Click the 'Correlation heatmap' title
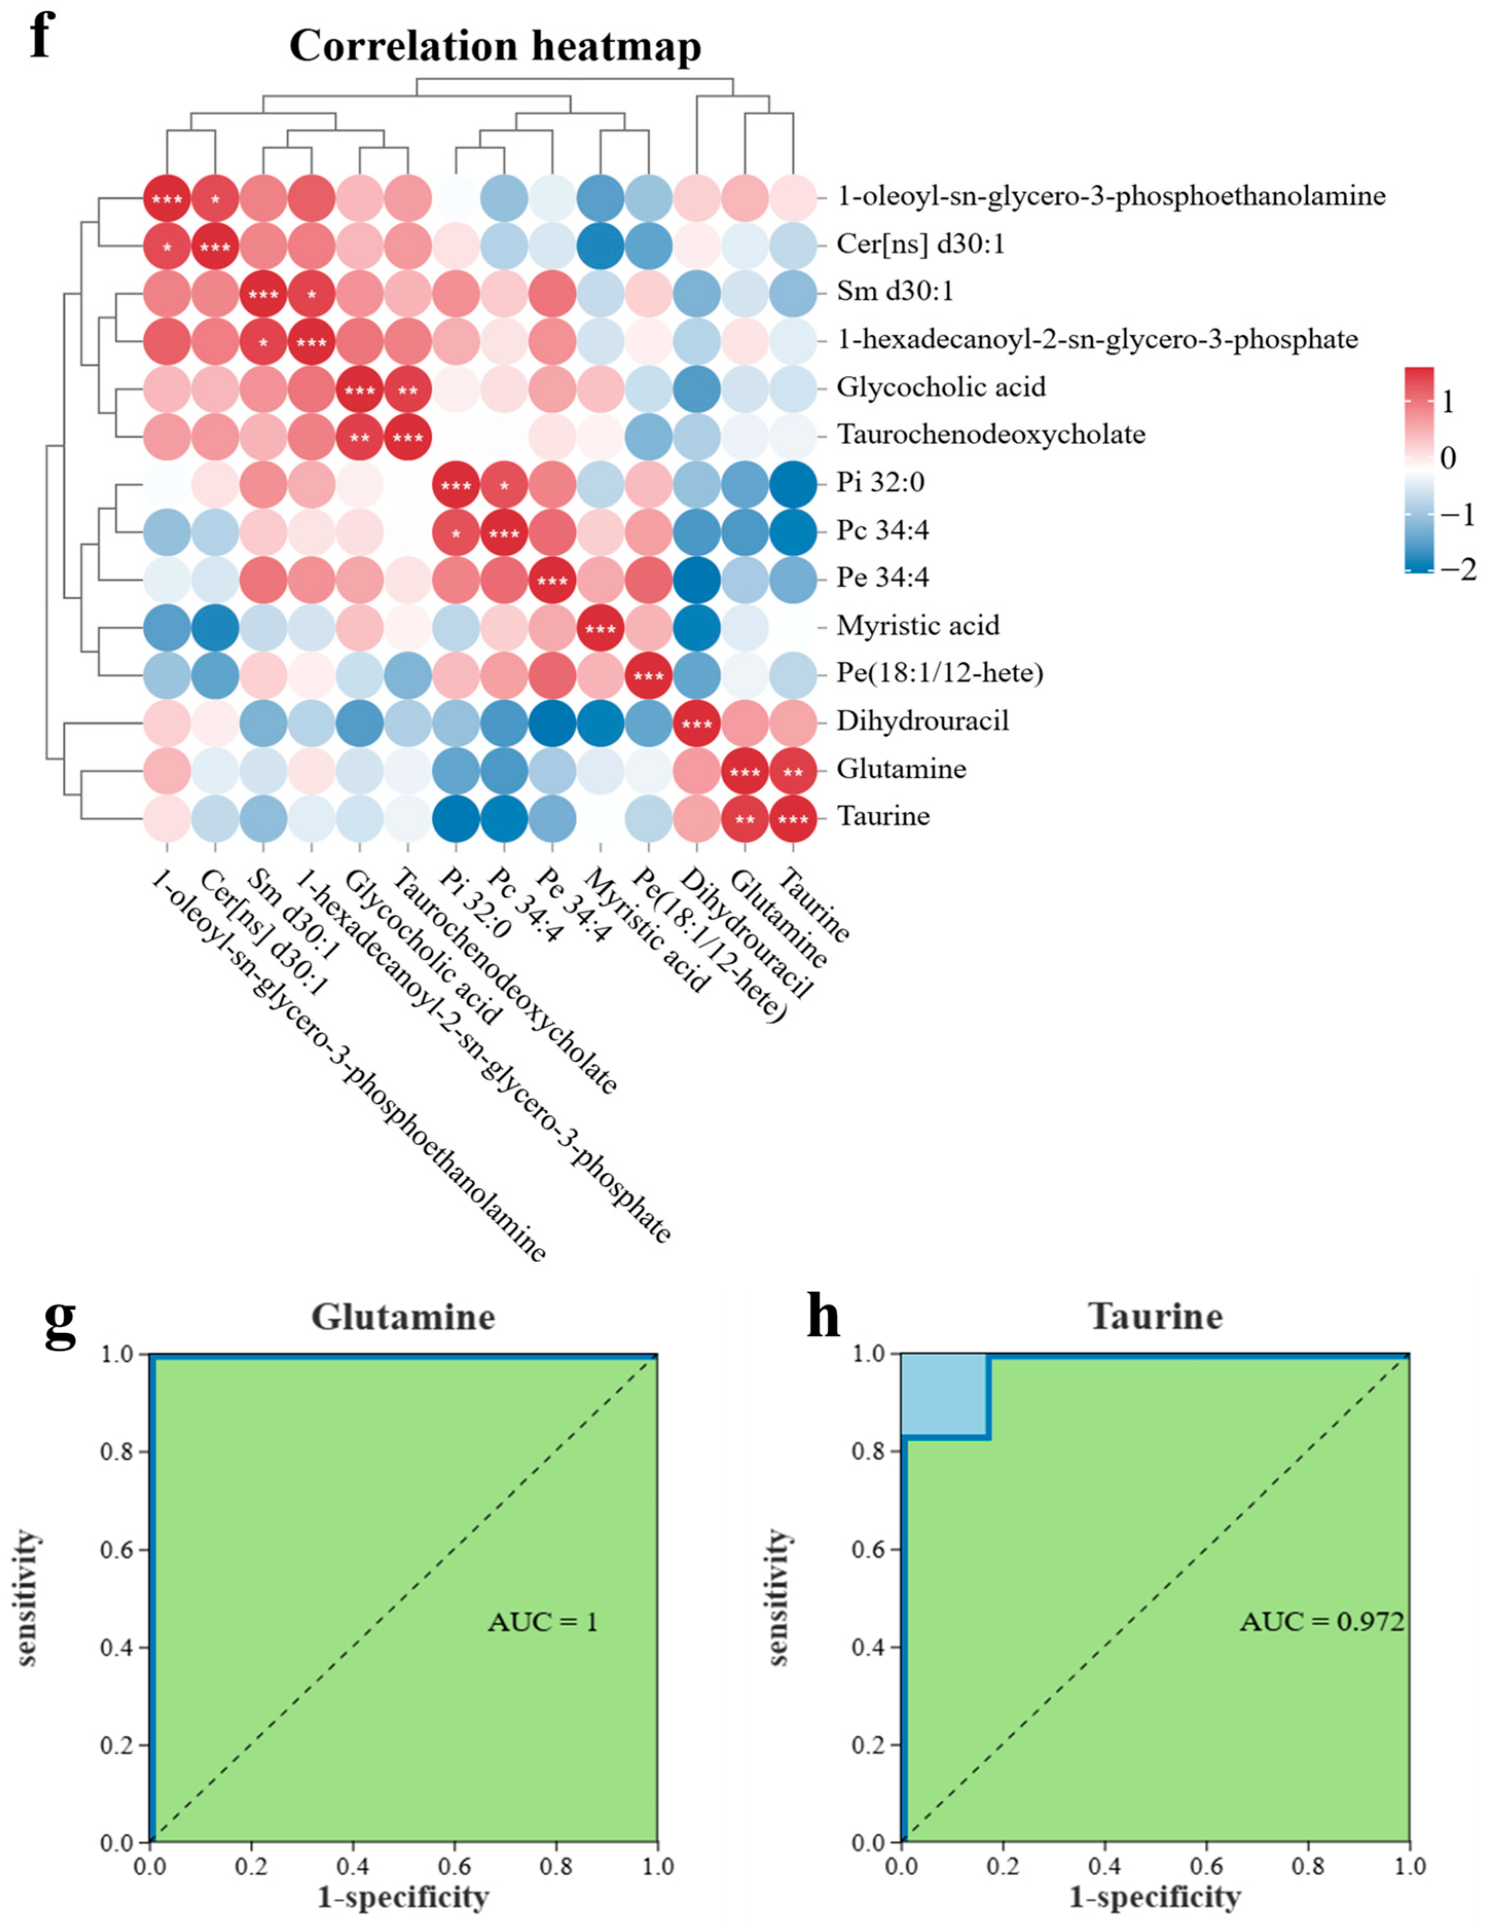tap(496, 46)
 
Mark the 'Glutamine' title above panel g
tap(403, 1317)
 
